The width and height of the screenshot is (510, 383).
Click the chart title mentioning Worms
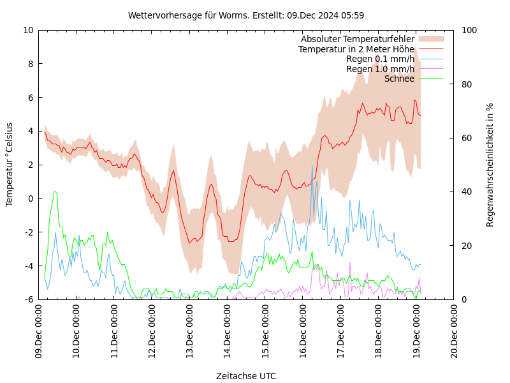(x=246, y=15)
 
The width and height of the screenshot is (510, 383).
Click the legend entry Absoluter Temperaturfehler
(x=357, y=39)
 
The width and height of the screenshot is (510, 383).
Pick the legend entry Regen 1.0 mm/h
(x=380, y=69)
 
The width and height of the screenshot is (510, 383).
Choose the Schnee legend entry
(x=399, y=79)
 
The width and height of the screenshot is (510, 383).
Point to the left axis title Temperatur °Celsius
(x=10, y=165)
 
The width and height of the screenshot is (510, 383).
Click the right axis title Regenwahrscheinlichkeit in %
(x=490, y=165)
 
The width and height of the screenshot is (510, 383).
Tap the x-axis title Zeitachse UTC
(x=246, y=376)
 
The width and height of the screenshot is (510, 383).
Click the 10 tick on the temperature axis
(x=29, y=30)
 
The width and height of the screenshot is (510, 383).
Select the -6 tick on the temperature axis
(x=29, y=299)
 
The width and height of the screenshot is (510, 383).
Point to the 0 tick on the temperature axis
(x=31, y=199)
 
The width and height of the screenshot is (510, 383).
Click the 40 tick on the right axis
(x=466, y=191)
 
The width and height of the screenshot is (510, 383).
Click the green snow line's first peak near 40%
(x=55, y=191)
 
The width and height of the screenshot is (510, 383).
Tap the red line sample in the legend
(x=430, y=49)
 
